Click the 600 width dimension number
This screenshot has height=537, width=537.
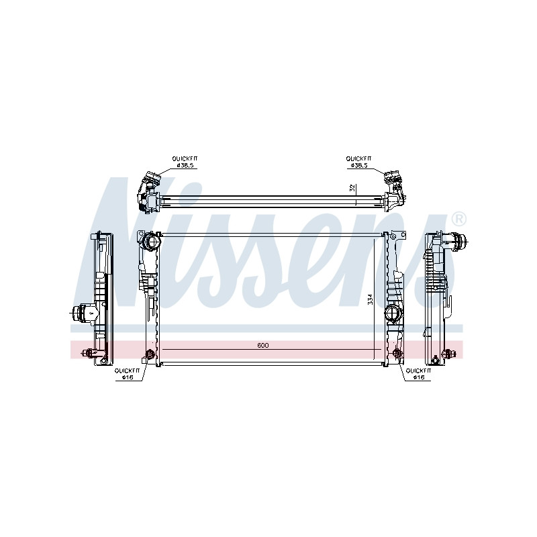(262, 345)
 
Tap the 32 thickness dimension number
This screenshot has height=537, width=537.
(352, 188)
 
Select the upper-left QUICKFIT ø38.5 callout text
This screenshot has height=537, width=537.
(185, 162)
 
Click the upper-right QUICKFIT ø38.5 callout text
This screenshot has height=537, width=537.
(358, 162)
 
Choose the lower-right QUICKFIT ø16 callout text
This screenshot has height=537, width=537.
(418, 374)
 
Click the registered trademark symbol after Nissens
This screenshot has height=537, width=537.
(458, 219)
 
